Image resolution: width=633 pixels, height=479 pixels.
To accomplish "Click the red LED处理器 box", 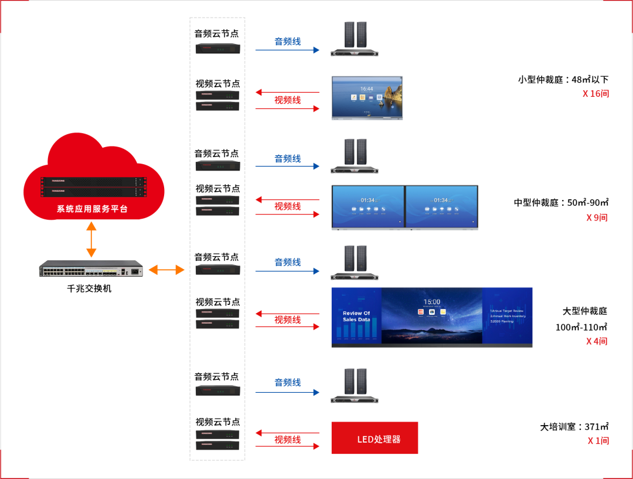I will tap(375, 438).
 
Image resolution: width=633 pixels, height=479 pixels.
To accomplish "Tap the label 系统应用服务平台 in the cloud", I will tap(92, 209).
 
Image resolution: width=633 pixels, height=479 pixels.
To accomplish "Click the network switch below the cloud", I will tap(91, 269).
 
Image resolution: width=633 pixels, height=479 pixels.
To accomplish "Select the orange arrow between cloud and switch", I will tap(91, 240).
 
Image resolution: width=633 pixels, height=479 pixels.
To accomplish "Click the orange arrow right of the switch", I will tap(166, 270).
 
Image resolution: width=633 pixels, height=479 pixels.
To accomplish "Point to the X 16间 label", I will tap(595, 93).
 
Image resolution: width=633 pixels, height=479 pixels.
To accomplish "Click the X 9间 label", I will tap(597, 218).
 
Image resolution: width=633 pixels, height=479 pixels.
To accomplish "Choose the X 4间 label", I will tap(597, 341).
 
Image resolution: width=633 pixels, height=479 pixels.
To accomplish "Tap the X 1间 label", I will tap(598, 441).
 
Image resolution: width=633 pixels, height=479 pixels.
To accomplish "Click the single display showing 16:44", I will tap(367, 98).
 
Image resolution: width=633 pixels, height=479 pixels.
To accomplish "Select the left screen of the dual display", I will tap(367, 207).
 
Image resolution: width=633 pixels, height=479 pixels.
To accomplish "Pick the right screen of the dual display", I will tap(441, 207).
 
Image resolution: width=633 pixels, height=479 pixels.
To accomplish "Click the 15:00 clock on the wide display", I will tap(432, 302).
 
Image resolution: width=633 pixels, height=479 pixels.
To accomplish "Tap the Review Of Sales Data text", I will tap(356, 317).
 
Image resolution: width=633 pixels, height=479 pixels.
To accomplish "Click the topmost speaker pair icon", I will tap(355, 38).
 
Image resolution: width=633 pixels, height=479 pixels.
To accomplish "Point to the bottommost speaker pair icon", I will tap(355, 385).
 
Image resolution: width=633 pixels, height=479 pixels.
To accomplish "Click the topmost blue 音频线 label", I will tap(287, 42).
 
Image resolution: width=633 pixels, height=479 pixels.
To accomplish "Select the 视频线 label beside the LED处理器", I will tap(287, 440).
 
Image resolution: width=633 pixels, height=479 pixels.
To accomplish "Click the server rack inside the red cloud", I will tap(94, 186).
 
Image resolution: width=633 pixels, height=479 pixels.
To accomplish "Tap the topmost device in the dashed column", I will tap(218, 48).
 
